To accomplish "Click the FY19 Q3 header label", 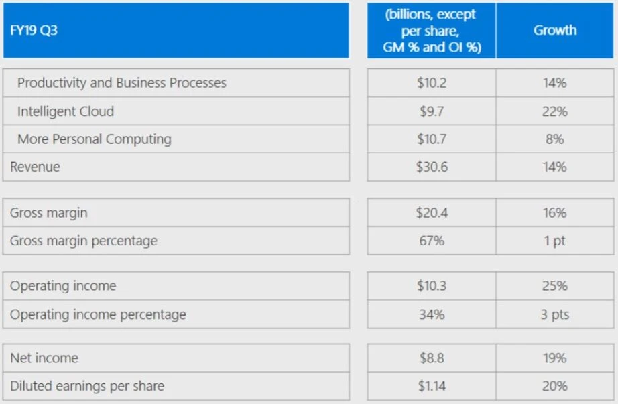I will [x=34, y=31].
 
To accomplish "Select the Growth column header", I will [x=555, y=30].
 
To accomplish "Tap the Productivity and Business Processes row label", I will [x=122, y=83].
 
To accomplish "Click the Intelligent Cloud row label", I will [x=66, y=111].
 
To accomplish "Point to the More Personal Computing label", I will [x=95, y=139].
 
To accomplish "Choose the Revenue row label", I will [x=35, y=167].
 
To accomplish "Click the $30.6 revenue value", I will [x=432, y=167].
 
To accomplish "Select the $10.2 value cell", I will [x=432, y=83].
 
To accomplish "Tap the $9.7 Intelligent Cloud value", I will [x=432, y=111].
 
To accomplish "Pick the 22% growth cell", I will [x=555, y=111].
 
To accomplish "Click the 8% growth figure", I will [x=555, y=139].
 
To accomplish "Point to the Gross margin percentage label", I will [x=84, y=241].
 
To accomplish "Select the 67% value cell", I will [x=432, y=241].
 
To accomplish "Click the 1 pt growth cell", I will [x=555, y=241].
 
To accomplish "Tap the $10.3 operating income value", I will [x=432, y=286].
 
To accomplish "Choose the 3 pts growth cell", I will [x=555, y=314].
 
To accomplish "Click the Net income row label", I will [x=44, y=358].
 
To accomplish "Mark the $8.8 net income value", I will [x=432, y=358].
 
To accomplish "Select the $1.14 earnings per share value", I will [x=432, y=387].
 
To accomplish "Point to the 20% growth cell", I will [x=555, y=387].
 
